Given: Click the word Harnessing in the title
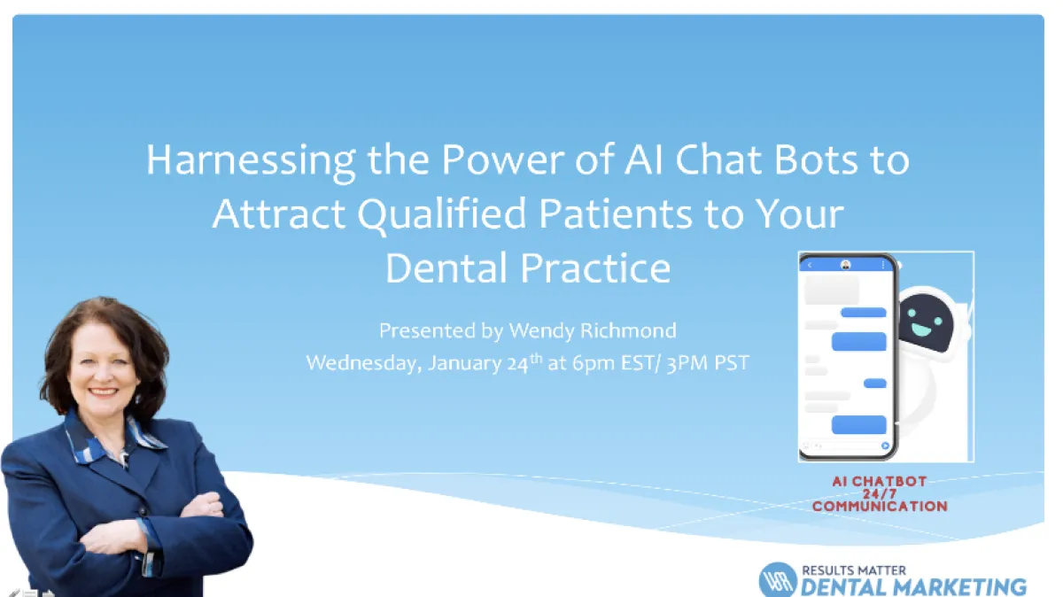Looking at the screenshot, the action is tap(251, 161).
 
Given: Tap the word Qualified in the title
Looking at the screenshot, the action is tap(442, 214).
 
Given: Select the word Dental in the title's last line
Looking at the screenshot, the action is tap(446, 268).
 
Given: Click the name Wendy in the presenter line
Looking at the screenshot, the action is tap(541, 330).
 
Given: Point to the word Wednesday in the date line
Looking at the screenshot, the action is tap(364, 363).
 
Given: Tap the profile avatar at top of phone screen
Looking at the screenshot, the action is tap(846, 265).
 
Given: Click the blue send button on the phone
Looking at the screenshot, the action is tap(885, 446).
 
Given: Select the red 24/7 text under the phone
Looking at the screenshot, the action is tap(880, 494).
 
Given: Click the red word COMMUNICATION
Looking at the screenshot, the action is tap(880, 507).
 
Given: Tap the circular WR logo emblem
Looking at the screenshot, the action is tap(779, 580).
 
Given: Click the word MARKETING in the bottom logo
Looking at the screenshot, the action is tap(958, 587).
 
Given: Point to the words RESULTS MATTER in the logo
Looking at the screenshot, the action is tap(854, 570).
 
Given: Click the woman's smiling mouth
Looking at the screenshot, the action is tap(103, 392).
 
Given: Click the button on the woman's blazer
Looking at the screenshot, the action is tap(143, 510).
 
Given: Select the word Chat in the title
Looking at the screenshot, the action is tap(718, 160).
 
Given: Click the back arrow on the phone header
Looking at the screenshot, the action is tap(810, 265).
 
